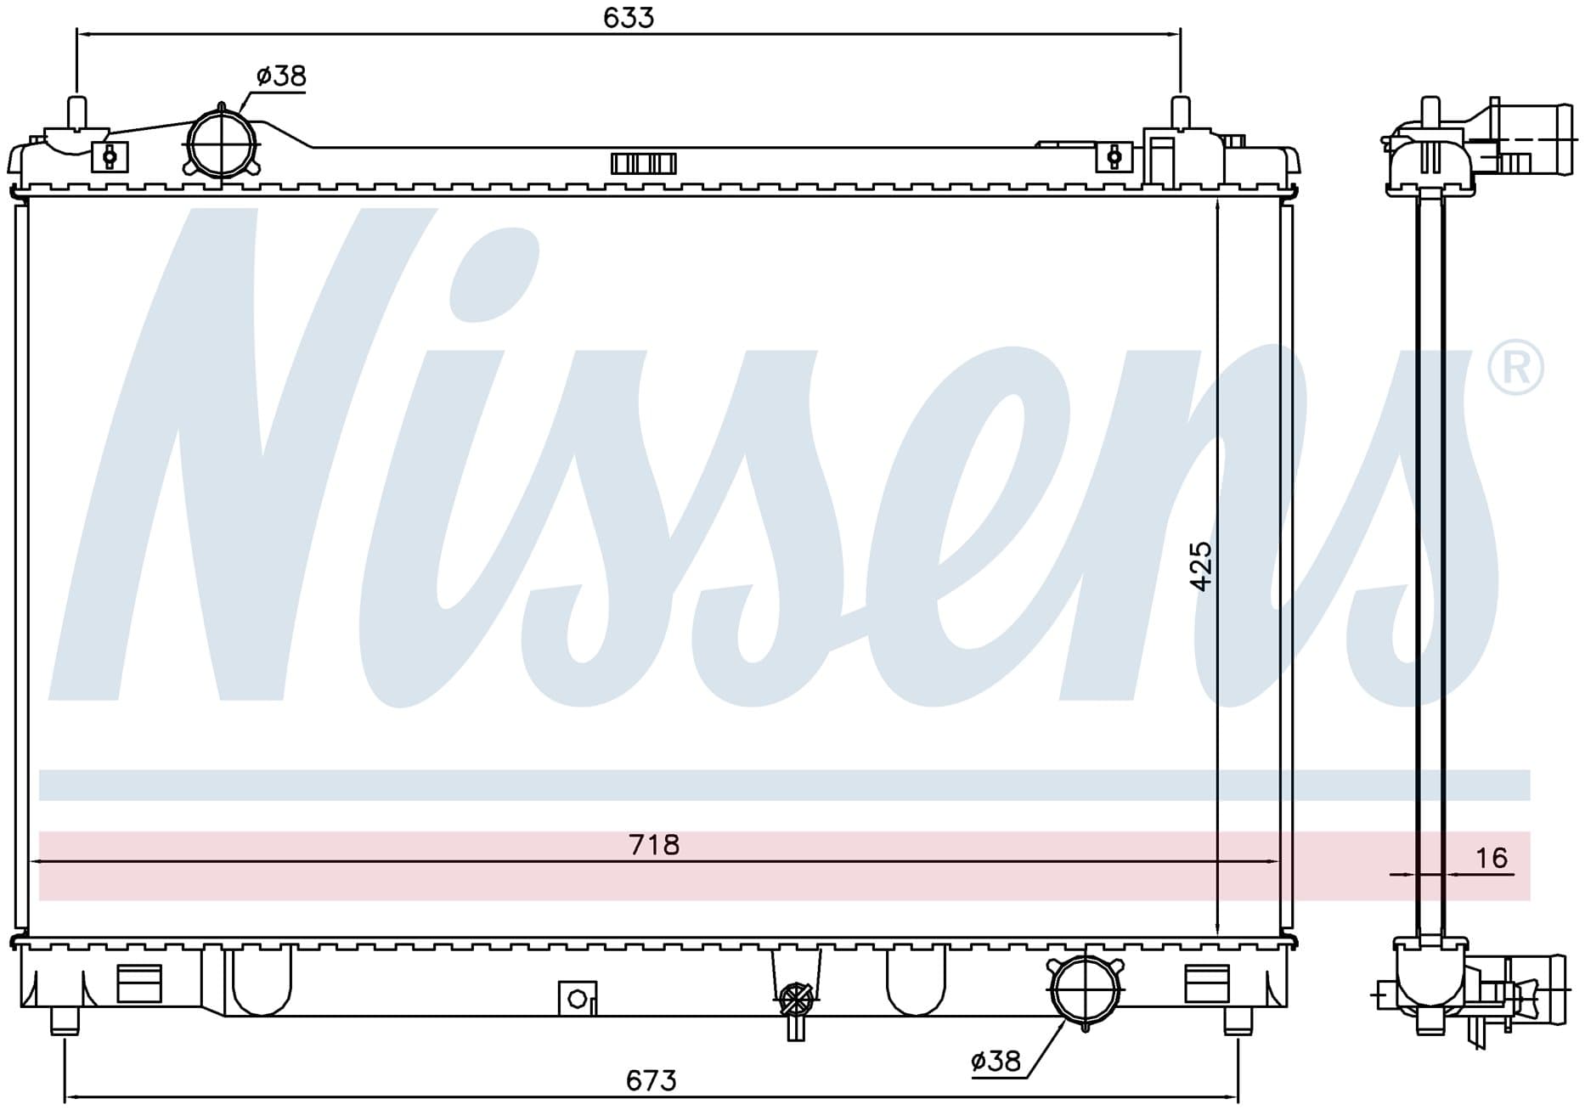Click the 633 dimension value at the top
coord(629,18)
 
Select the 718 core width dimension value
coord(654,845)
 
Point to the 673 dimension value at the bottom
coord(651,1080)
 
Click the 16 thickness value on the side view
coord(1491,858)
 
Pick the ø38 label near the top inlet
coord(280,76)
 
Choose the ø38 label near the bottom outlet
coord(996,1061)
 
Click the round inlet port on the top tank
coord(221,143)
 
